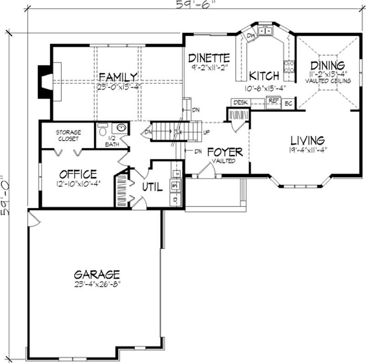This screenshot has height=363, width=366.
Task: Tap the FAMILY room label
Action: [x=118, y=76]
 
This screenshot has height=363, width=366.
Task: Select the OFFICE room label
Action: [x=78, y=174]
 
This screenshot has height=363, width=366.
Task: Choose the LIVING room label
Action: [x=307, y=140]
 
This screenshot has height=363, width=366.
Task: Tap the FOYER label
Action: [x=225, y=152]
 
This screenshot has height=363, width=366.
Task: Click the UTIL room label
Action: [x=152, y=187]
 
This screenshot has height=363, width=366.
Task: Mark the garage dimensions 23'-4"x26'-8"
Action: [x=97, y=283]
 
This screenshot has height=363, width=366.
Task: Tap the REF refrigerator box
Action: [x=274, y=101]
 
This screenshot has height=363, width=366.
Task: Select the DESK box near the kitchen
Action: [x=240, y=103]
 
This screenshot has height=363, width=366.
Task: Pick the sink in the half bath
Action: [x=121, y=127]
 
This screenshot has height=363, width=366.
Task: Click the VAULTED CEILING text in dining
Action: [x=328, y=81]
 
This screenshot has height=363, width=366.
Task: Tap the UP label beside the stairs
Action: [x=206, y=132]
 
